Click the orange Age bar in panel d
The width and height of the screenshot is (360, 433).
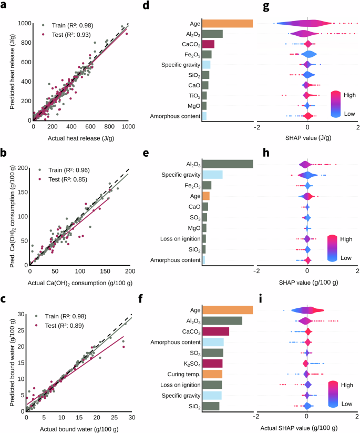(228, 24)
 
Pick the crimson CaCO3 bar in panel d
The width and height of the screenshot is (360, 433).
(208, 44)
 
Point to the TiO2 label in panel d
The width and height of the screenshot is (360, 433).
(192, 96)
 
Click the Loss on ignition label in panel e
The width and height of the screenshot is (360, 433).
(179, 239)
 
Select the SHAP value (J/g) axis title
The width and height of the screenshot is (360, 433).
(307, 136)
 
